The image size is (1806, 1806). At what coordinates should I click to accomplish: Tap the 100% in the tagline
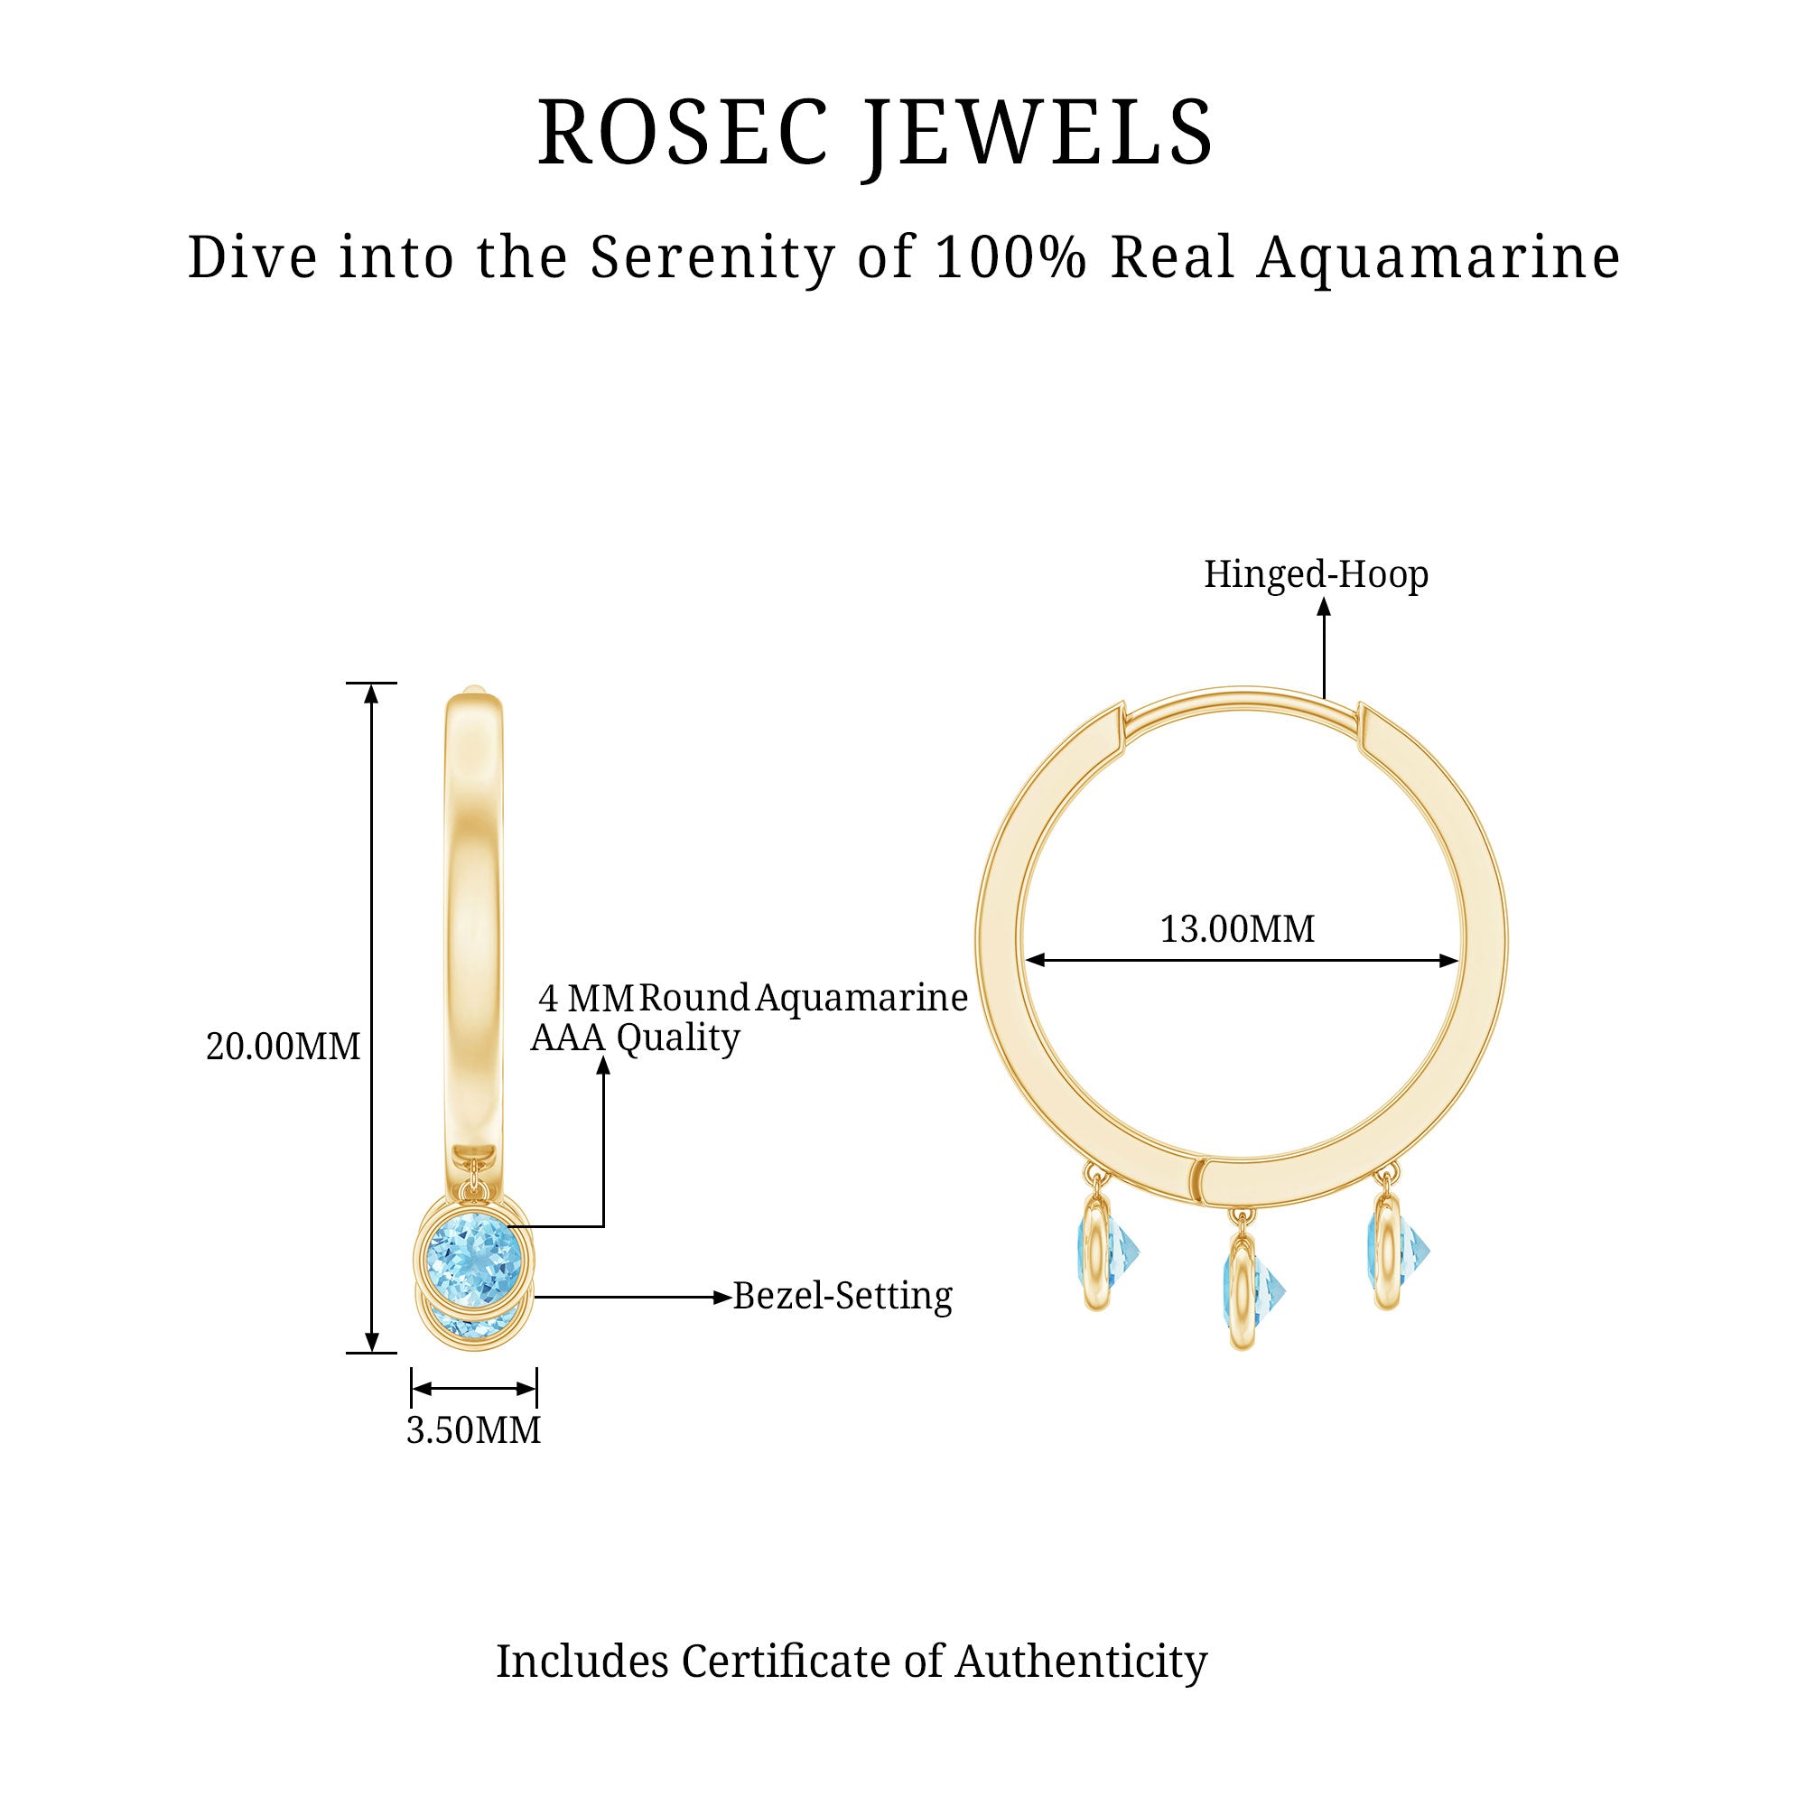point(1010,257)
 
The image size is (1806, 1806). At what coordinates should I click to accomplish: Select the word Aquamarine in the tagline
point(1438,257)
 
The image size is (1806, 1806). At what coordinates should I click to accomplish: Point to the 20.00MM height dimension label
point(283,1047)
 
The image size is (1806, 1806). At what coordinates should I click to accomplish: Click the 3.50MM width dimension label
point(473,1430)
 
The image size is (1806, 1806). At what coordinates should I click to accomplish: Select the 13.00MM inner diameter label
point(1237,929)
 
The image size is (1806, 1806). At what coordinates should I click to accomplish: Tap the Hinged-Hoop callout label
point(1316,574)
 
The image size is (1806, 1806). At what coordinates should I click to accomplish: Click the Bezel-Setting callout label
point(842,1296)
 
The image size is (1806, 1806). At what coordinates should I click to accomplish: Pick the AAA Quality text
point(635,1038)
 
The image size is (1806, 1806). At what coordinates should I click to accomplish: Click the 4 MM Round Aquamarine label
point(752,998)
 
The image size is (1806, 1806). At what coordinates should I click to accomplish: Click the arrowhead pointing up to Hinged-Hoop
point(1324,607)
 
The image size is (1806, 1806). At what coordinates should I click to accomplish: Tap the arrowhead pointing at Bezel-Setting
point(721,1298)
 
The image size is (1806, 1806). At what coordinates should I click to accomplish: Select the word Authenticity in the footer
point(1081,1662)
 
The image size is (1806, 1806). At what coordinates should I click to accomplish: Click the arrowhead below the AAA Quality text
point(603,1066)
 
